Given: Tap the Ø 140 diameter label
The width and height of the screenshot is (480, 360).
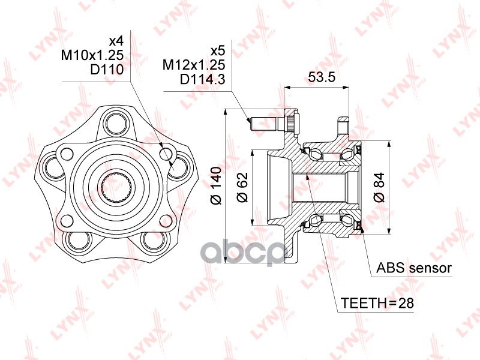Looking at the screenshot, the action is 217,185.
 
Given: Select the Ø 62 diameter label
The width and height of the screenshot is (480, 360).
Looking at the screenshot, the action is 242,187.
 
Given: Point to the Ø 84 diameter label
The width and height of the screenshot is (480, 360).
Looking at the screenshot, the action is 379,187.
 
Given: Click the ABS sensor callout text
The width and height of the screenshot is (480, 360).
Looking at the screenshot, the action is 413,268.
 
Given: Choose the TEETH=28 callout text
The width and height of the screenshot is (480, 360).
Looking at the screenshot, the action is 377,303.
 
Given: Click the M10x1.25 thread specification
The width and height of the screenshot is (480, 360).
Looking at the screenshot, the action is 92,55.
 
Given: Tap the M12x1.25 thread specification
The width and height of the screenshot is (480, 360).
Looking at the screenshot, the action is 194,65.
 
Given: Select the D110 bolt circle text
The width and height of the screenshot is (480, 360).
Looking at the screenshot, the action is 107,70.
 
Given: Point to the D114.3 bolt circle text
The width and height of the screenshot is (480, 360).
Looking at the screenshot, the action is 203,80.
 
